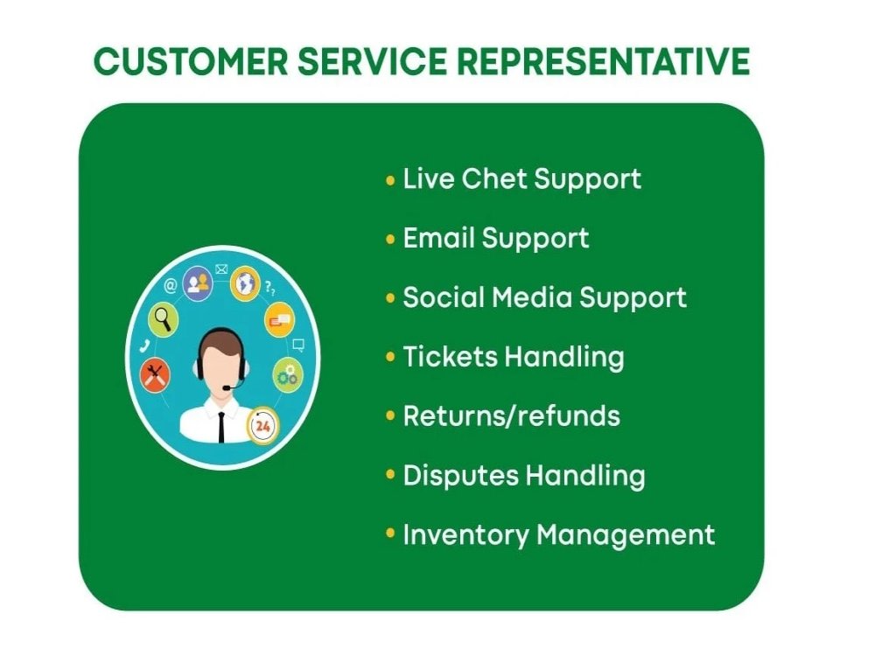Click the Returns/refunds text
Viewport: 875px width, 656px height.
click(511, 415)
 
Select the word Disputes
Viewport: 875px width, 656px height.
click(459, 476)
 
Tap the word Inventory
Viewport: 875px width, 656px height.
click(465, 534)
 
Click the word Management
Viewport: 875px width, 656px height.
click(626, 534)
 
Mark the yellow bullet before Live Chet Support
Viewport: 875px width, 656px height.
click(390, 180)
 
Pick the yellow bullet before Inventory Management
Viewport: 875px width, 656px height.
click(390, 534)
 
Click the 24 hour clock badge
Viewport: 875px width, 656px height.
click(261, 426)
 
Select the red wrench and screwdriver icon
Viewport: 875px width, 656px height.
click(155, 374)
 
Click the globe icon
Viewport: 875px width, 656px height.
click(245, 282)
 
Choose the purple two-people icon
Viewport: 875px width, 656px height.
click(199, 283)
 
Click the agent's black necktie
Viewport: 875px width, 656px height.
click(221, 426)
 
